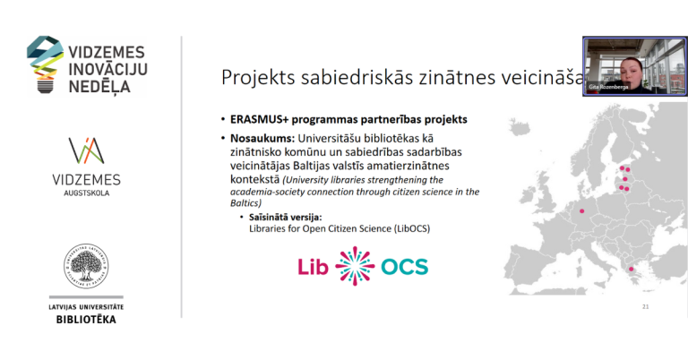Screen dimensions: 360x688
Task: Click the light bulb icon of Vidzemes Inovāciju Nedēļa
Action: point(43,65)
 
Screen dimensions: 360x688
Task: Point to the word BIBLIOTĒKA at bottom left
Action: point(87,320)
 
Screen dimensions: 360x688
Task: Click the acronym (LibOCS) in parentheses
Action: point(411,228)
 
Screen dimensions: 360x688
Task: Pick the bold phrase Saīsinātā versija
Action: point(286,217)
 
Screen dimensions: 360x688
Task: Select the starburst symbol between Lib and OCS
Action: point(355,266)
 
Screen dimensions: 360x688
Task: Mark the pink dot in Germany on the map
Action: point(582,211)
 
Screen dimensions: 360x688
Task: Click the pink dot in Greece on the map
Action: point(633,269)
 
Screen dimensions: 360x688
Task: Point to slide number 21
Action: point(646,307)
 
